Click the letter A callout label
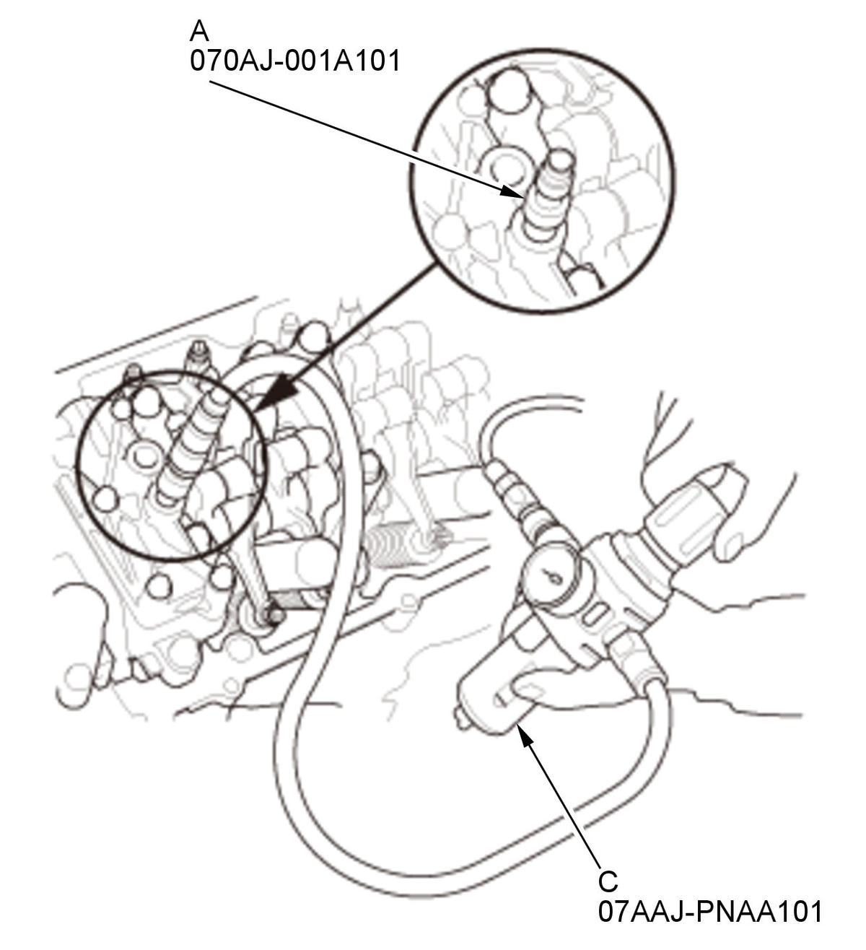click(199, 31)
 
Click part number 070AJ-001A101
click(295, 61)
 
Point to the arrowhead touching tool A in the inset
click(513, 192)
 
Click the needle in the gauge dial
click(550, 576)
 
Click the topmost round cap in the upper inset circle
click(509, 91)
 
